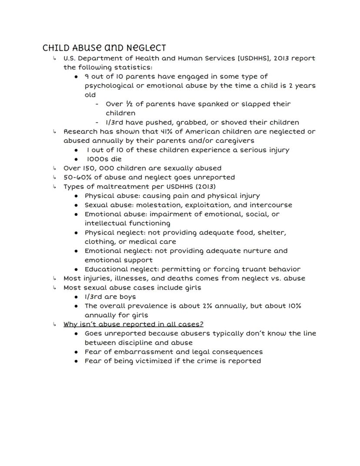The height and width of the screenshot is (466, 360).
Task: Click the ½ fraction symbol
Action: coord(129,104)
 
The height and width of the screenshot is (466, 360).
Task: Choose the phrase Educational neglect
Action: coord(115,269)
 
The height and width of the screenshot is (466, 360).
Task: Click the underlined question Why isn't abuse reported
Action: coord(133,324)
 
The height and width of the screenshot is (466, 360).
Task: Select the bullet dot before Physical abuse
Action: coord(76,196)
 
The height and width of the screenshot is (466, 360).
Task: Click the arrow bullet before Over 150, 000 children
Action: coord(54,168)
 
